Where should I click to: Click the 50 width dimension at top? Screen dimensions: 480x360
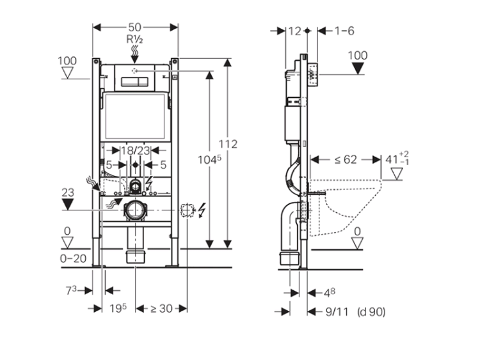point(134,27)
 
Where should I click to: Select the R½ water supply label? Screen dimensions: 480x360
point(134,39)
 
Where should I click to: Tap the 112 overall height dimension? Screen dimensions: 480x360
point(228,144)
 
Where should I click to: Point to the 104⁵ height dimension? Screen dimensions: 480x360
point(209,159)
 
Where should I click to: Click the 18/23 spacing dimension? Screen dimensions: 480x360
point(135,150)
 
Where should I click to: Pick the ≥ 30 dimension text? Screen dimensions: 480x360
point(161,309)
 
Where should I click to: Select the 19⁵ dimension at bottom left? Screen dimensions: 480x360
point(118,308)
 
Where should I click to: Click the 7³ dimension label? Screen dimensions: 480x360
point(71,290)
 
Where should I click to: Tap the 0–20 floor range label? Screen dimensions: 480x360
point(73,259)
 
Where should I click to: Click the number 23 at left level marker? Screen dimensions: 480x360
point(68,192)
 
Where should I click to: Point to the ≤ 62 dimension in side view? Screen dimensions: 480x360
point(346,159)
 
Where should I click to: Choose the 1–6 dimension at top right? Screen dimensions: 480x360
point(344,31)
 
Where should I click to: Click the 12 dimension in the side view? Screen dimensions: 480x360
point(295,31)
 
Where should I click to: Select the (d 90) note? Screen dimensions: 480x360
point(371,311)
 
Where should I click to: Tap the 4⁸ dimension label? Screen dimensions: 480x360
point(330,293)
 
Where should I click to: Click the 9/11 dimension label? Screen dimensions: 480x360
point(337,311)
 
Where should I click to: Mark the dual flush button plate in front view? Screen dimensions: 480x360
point(134,82)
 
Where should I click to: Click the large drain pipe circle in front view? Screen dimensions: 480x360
point(134,210)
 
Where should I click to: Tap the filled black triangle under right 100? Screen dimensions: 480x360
point(358,68)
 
